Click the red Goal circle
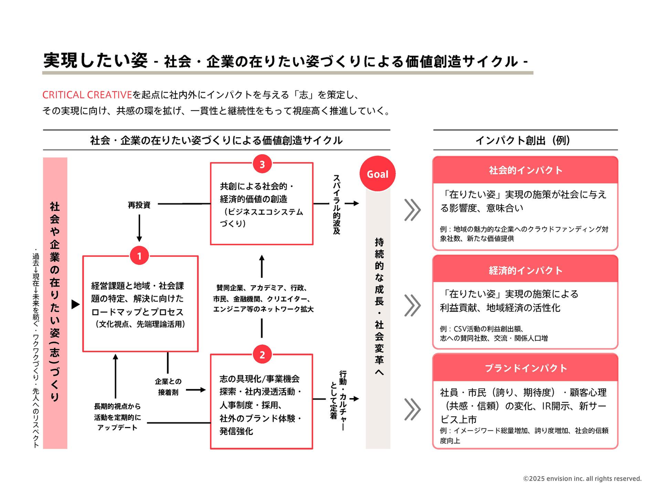tap(377, 174)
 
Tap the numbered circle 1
tap(140, 256)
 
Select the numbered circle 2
tap(262, 355)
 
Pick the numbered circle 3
tap(262, 164)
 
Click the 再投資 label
tap(139, 205)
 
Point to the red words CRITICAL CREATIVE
tap(87, 95)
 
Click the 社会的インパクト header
tap(525, 170)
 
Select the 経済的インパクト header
tap(525, 270)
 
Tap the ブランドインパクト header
tap(525, 368)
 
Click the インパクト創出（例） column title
tap(523, 141)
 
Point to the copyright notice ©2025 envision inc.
tap(582, 478)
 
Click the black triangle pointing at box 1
tap(76, 304)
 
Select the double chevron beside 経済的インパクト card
tap(412, 305)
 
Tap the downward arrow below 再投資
tap(139, 228)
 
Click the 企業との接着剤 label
tap(168, 387)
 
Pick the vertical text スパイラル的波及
tap(336, 204)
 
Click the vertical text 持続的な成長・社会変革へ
tap(379, 306)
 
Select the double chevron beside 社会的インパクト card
tap(412, 210)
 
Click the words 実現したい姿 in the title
tap(95, 61)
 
